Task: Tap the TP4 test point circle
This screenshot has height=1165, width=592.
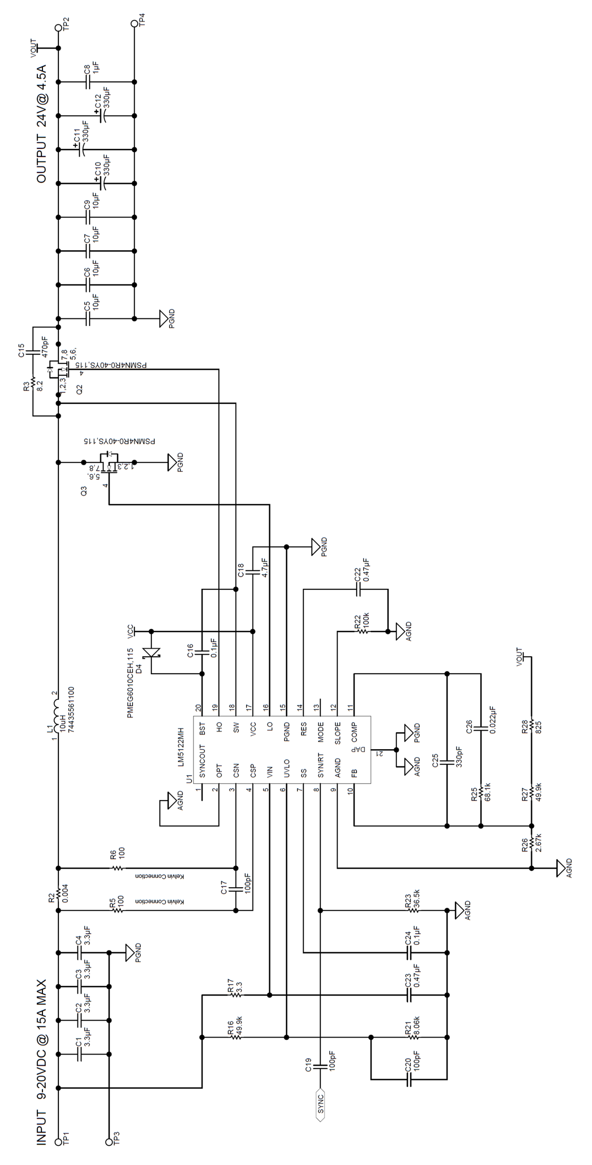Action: [134, 23]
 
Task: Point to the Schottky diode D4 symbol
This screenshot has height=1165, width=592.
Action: [151, 652]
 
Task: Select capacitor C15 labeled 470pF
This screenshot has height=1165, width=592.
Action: [33, 352]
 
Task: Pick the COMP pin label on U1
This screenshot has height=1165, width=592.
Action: [354, 733]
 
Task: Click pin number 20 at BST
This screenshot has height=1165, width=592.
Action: [198, 708]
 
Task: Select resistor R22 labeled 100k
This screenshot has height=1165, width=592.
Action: [362, 631]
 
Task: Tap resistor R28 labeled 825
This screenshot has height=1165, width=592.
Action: [531, 727]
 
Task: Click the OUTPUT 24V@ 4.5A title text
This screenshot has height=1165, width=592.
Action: [41, 123]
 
